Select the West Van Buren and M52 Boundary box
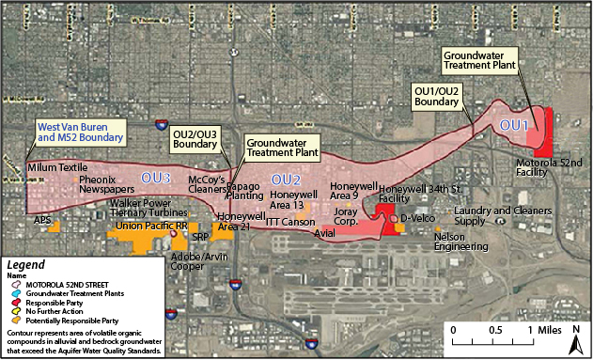click(x=80, y=132)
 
